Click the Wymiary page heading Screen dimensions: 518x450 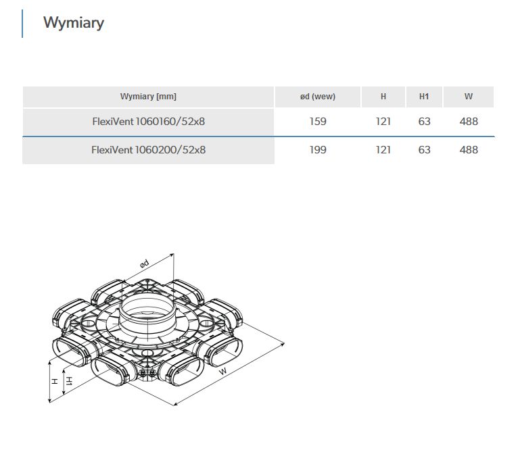[x=74, y=23]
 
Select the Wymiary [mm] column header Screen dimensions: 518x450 [x=148, y=97]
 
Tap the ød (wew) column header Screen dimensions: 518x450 [x=318, y=97]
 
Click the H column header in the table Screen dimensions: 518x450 [x=383, y=97]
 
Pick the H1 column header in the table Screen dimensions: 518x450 [x=424, y=97]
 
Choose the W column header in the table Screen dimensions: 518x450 [x=469, y=97]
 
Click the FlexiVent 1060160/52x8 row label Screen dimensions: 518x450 [x=149, y=122]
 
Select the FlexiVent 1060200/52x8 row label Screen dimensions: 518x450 [x=149, y=150]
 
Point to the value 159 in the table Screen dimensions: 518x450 [x=318, y=122]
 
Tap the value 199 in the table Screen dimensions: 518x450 [x=318, y=150]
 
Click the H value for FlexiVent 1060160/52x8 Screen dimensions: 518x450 [x=383, y=122]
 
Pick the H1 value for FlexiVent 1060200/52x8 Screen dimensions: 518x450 [x=424, y=150]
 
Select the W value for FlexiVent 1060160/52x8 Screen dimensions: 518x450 [x=469, y=122]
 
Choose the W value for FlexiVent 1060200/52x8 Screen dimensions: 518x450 [x=469, y=150]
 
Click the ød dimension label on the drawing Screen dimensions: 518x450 [x=144, y=264]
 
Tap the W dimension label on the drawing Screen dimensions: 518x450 [x=223, y=371]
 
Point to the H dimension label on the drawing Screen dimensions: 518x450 [x=55, y=381]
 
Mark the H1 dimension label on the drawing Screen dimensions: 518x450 [x=69, y=381]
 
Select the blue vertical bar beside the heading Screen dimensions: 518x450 [x=22, y=24]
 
